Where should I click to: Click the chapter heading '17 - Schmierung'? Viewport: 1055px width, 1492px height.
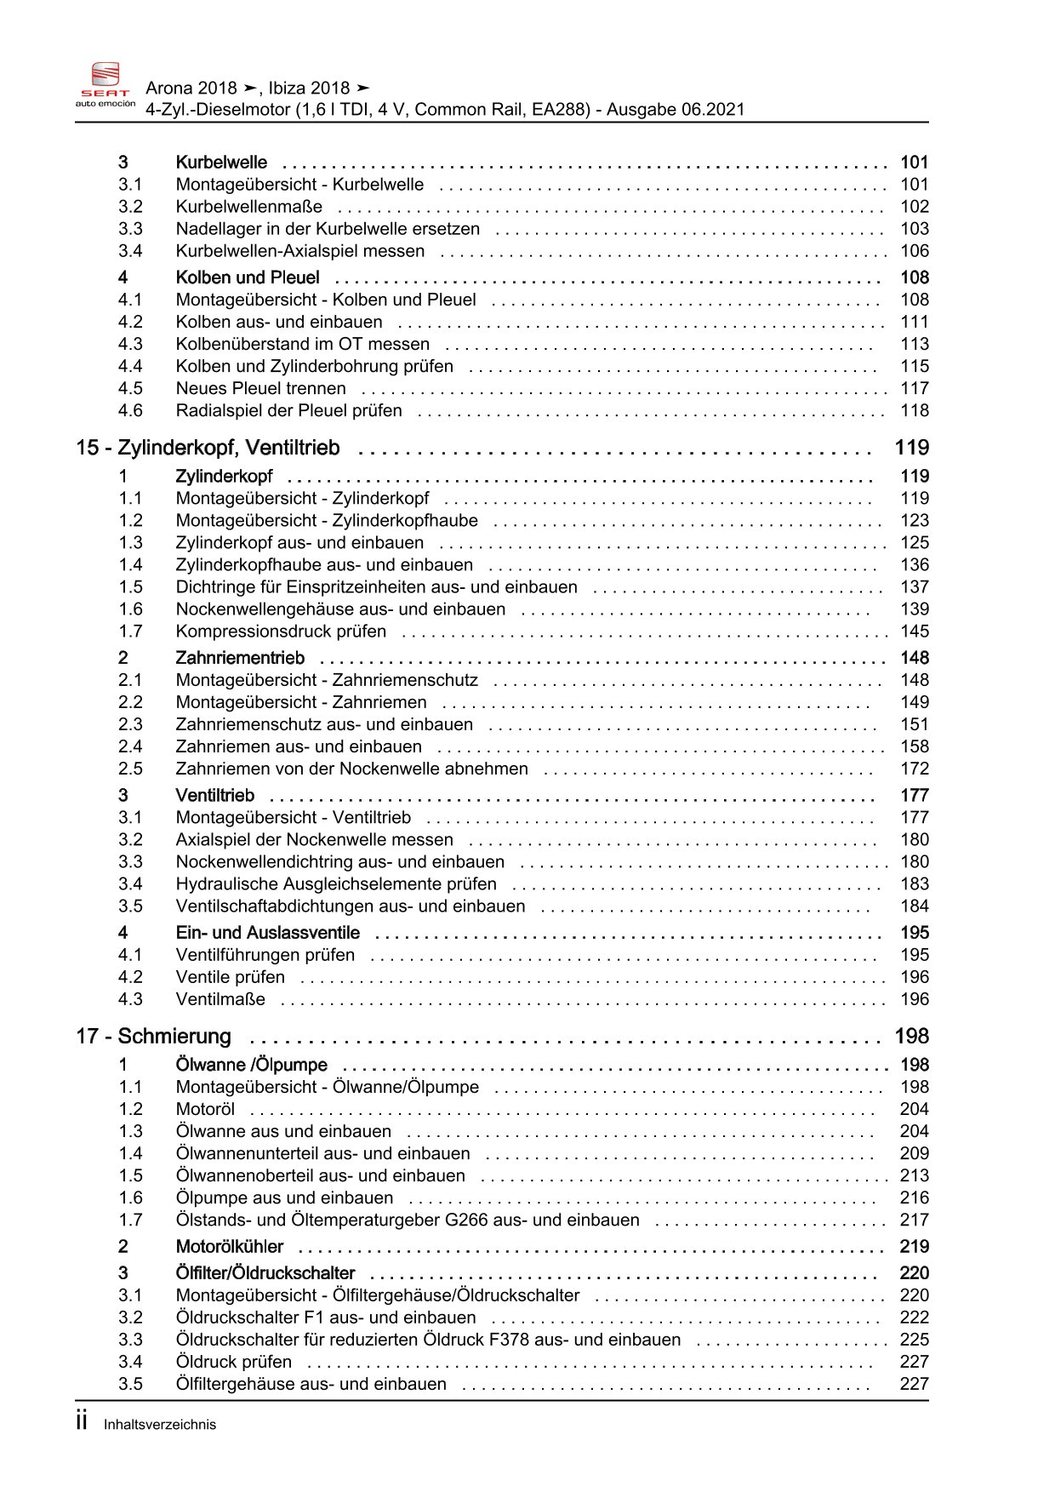coord(153,1036)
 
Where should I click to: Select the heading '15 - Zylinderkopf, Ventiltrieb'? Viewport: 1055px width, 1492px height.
coord(208,448)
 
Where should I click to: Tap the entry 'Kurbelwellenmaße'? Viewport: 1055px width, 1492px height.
coord(248,207)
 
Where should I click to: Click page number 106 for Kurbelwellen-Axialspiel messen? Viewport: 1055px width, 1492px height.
coord(915,251)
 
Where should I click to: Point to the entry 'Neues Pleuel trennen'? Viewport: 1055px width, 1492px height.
coord(260,389)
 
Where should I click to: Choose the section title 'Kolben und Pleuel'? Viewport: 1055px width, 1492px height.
coord(247,277)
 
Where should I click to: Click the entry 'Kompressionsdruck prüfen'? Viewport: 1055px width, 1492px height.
coord(281,632)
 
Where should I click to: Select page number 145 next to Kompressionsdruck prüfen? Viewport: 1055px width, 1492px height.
coord(915,632)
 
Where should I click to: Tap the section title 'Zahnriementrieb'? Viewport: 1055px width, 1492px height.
coord(239,658)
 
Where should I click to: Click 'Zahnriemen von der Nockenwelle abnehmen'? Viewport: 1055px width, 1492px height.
coord(351,769)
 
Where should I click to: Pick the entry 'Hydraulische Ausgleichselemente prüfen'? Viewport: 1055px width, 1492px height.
coord(336,884)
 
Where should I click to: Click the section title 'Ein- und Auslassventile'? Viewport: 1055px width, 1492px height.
coord(267,933)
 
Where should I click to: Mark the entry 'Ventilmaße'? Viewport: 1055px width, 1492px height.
coord(220,999)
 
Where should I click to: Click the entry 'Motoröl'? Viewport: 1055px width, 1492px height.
coord(205,1109)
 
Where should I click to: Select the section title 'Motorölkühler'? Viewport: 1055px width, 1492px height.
coord(229,1247)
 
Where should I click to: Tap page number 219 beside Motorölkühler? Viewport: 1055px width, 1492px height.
coord(914,1247)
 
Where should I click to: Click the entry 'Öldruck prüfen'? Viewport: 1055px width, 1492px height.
coord(233,1362)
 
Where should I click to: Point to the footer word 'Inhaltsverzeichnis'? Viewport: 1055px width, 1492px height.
coord(160,1425)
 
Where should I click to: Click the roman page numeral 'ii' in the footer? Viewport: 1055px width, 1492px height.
coord(82,1421)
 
